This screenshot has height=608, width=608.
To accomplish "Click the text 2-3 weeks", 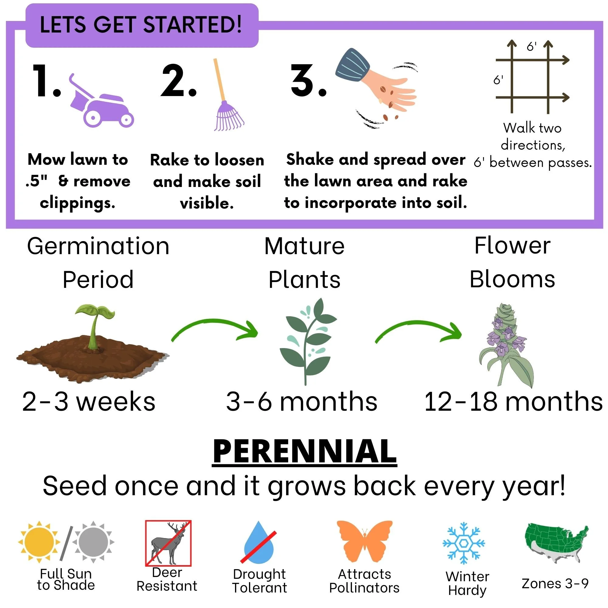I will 89,402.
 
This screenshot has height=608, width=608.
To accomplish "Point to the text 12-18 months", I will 513,402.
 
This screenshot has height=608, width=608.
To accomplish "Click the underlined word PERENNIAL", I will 304,452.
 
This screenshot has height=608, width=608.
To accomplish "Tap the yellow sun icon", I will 39,542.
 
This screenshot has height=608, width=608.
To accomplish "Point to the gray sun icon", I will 93,542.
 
